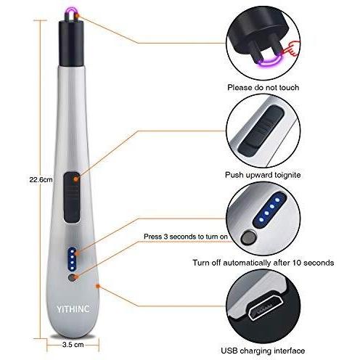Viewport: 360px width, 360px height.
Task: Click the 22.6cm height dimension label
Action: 41,180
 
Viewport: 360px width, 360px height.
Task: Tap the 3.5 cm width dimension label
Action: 73,345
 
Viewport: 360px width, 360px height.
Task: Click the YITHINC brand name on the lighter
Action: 73,309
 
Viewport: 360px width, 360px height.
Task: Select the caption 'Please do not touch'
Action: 263,87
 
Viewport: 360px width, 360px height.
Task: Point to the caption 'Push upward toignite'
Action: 263,175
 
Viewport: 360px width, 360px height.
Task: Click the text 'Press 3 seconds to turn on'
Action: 186,237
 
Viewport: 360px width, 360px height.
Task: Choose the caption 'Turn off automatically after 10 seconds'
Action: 263,263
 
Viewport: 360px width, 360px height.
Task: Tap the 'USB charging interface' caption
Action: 263,351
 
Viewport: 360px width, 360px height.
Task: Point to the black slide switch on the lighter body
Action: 72,197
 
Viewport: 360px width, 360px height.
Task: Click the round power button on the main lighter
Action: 72,278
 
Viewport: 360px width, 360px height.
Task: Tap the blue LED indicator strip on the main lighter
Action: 72,259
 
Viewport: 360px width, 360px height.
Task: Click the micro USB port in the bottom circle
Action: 263,308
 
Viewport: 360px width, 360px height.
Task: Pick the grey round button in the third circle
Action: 249,238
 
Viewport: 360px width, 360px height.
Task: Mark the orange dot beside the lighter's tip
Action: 77,16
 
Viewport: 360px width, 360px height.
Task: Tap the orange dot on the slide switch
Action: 75,179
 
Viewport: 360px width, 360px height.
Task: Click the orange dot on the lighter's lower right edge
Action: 98,286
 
